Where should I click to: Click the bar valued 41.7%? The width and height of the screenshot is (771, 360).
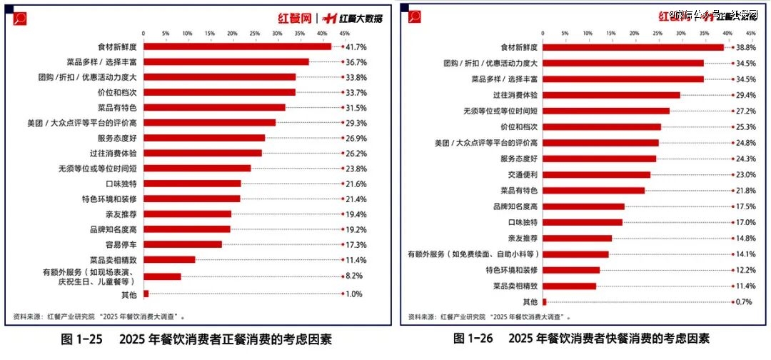point(237,46)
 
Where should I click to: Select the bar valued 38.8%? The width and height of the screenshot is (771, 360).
point(634,47)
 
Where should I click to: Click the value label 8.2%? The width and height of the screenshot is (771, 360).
point(355,275)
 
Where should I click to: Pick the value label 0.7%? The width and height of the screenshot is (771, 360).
point(743,301)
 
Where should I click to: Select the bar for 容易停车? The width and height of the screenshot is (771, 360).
point(183,244)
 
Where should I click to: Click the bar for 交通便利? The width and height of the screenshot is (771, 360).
point(597,174)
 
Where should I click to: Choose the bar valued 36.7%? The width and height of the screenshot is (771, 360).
point(226,61)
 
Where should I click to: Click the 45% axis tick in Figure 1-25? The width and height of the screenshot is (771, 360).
point(344,34)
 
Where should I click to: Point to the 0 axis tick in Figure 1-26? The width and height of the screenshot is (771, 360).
point(543,34)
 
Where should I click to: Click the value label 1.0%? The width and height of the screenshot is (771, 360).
point(355,294)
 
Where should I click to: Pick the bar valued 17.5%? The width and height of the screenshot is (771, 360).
point(584,206)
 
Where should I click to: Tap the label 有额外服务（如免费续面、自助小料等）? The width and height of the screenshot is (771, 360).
point(473,254)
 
